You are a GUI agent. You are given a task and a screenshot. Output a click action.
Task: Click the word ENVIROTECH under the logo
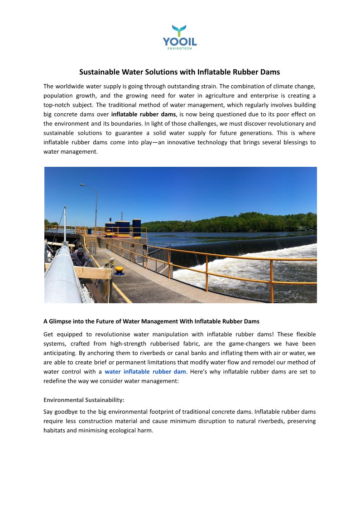click(180, 49)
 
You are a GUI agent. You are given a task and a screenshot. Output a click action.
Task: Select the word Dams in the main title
click(270, 72)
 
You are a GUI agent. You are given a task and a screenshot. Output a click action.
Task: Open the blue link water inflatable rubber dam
click(145, 372)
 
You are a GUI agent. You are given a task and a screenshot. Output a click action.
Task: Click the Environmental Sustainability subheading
click(84, 400)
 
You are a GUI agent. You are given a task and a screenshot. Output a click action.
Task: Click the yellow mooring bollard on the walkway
click(119, 271)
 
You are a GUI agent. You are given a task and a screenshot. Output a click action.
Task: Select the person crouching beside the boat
click(80, 257)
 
